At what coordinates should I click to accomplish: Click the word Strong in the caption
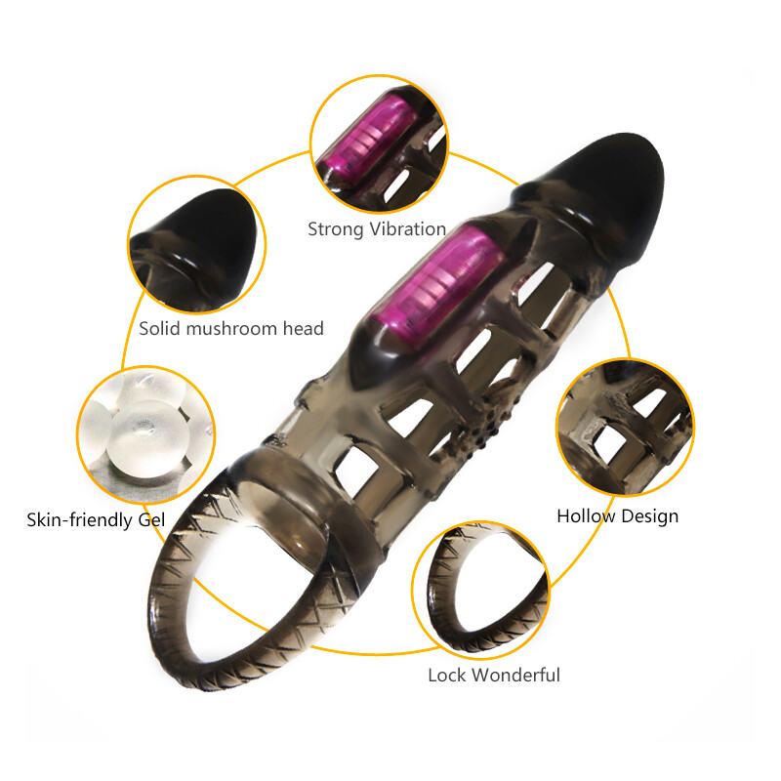(336, 230)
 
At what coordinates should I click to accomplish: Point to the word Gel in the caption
(149, 519)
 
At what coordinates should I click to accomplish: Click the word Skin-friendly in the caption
(80, 519)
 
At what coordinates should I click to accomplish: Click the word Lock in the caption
(448, 676)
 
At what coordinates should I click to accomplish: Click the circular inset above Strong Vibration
(379, 146)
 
